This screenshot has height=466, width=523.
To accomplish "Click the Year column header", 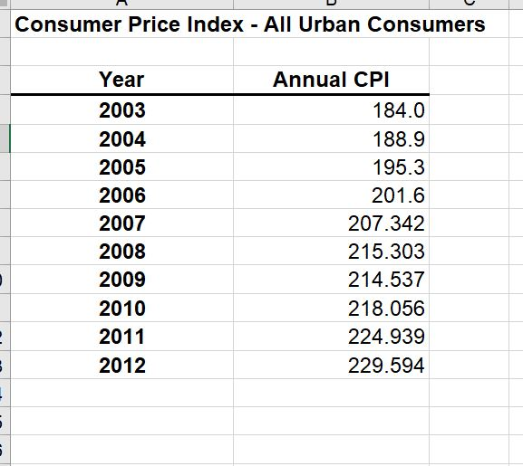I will (x=121, y=80).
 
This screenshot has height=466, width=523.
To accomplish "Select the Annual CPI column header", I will (x=331, y=80).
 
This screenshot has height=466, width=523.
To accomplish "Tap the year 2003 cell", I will (x=121, y=111).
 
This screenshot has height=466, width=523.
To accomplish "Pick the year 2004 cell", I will (x=121, y=139).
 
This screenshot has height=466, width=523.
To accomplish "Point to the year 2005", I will (x=121, y=167).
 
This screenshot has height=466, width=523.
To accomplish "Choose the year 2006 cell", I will (x=121, y=195).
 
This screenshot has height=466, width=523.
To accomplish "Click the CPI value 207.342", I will (x=386, y=223).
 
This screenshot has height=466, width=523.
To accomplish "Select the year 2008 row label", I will (x=121, y=252).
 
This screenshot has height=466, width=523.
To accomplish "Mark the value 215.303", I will (x=386, y=252).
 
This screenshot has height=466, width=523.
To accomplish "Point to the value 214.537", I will (x=386, y=280).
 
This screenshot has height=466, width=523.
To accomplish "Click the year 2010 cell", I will (x=121, y=309).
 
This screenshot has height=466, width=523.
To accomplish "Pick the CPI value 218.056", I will (x=386, y=309).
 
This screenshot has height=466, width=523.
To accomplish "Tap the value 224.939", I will (x=386, y=337).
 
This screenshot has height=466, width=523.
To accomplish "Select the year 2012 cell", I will (x=121, y=366).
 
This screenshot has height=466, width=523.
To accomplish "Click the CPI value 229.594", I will (x=386, y=366).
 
